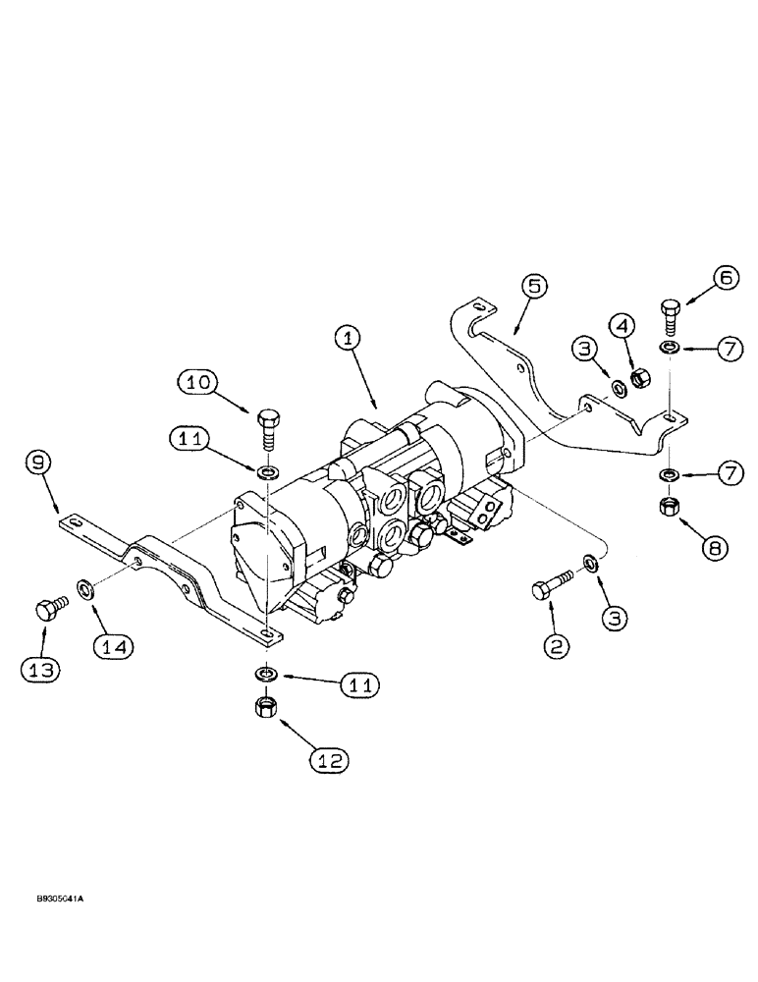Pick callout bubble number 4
point(623,323)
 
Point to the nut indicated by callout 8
point(673,507)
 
